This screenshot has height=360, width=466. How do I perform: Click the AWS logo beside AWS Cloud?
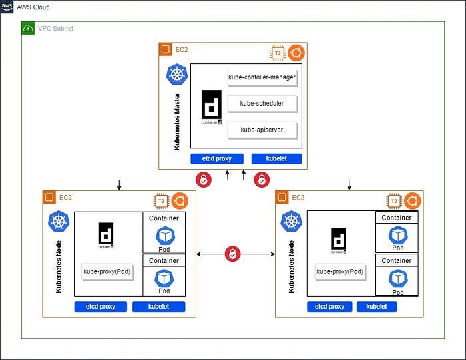coord(7,7)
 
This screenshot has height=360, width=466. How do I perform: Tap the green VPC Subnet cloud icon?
coord(29,29)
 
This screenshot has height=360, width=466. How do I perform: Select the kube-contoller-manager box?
coord(262,77)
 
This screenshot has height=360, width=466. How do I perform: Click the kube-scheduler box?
coord(262,103)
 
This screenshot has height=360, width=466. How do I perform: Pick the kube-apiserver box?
coord(262,129)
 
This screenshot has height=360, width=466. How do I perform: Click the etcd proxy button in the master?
coord(215,159)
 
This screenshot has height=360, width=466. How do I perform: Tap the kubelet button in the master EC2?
coord(276,159)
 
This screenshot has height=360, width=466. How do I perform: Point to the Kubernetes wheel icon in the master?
coord(176,74)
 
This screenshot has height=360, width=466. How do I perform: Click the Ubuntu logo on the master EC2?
coord(296,53)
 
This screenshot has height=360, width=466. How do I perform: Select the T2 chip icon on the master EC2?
coord(278,53)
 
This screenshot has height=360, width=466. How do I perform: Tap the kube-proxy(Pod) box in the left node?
coord(108,271)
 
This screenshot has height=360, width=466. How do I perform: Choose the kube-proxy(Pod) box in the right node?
coord(340,271)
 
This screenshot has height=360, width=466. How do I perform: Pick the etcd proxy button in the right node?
coord(330,307)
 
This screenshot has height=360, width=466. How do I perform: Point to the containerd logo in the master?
coord(212,107)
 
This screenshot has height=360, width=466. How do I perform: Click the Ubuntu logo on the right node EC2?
coord(412,201)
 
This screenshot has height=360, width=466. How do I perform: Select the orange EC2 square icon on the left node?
coord(49,198)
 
